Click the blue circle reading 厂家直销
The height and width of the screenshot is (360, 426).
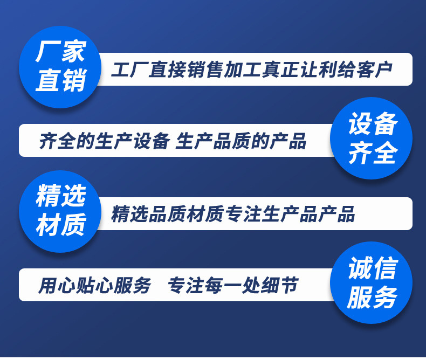pos(60,67)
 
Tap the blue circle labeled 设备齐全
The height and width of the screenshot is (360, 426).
pos(372,139)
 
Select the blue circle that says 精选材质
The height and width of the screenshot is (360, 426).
pos(60,210)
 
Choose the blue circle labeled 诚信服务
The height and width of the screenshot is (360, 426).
pos(372,282)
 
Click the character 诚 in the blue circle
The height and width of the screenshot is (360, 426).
pos(360,268)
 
